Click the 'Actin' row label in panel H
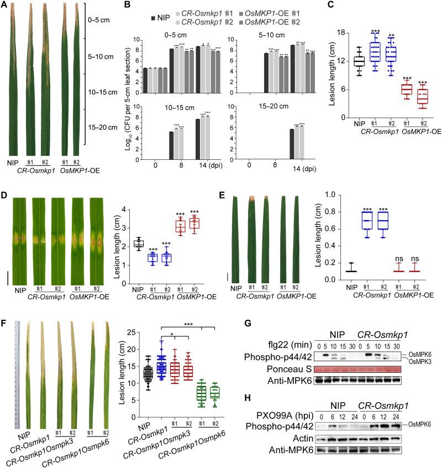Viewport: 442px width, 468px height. (x=297, y=437)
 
